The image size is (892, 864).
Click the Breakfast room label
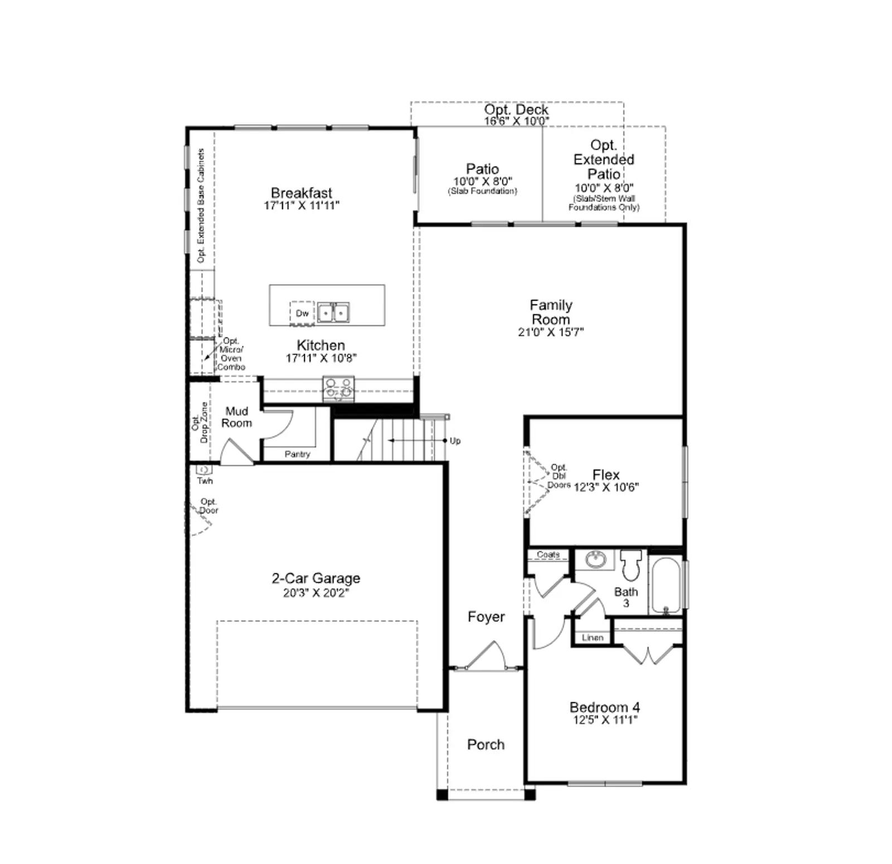point(302,193)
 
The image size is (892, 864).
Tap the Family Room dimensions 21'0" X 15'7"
point(551,332)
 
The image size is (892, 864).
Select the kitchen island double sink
point(333,313)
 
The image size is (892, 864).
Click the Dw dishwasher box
point(302,313)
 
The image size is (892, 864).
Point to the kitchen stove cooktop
point(338,389)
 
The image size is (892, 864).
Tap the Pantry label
point(297,454)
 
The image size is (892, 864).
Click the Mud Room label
point(236,417)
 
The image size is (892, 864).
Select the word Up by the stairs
point(455,441)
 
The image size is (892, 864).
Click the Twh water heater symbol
point(204,470)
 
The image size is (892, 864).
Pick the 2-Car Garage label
point(316,578)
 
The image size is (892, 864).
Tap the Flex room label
point(606,475)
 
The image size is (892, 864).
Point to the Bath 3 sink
point(596,558)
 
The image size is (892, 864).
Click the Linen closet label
point(593,638)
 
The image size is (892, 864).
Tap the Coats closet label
point(548,554)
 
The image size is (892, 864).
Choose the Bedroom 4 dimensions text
point(605,720)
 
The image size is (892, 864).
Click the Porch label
point(486,745)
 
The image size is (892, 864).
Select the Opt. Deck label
point(516,109)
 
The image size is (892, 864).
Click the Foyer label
point(486,617)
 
